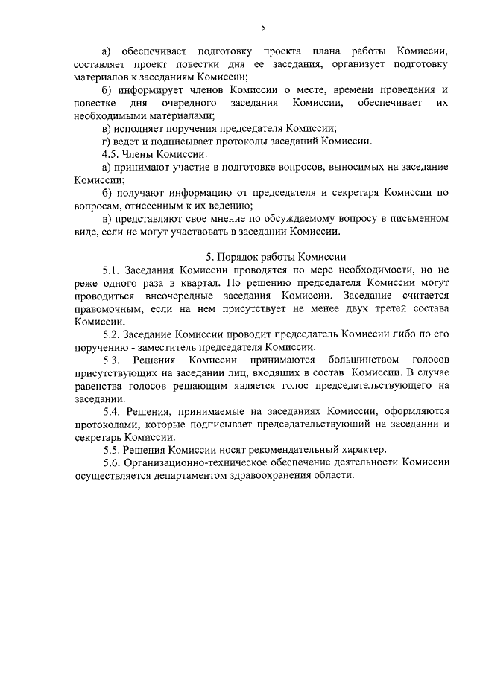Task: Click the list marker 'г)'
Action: coord(107,141)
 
